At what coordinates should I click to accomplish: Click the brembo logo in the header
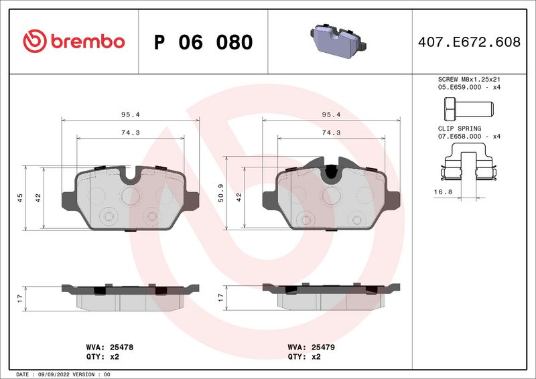pos(74,42)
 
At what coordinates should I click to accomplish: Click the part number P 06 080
pos(203,42)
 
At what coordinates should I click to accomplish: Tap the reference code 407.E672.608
pos(468,42)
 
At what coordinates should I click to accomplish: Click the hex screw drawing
pos(467,107)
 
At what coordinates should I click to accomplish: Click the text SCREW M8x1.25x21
pos(468,79)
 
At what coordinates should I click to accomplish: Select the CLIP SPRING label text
pos(456,127)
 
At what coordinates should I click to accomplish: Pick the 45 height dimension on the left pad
pos(19,198)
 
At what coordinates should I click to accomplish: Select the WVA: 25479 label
pos(311,348)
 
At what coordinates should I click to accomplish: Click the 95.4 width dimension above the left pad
pos(131,115)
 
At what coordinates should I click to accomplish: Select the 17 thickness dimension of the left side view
pos(19,297)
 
